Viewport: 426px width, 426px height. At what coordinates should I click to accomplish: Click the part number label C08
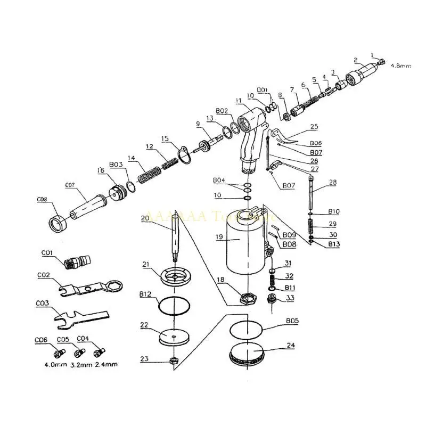pyautogui.click(x=42, y=200)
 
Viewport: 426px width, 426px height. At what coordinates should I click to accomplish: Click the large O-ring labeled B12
pyautogui.click(x=174, y=306)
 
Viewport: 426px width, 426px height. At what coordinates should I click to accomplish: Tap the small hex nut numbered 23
pyautogui.click(x=173, y=361)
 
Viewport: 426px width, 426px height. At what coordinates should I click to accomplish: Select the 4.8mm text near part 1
pyautogui.click(x=401, y=65)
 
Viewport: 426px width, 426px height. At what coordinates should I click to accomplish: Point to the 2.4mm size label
pyautogui.click(x=106, y=364)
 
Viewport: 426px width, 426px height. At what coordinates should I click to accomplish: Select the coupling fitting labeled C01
pyautogui.click(x=77, y=261)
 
